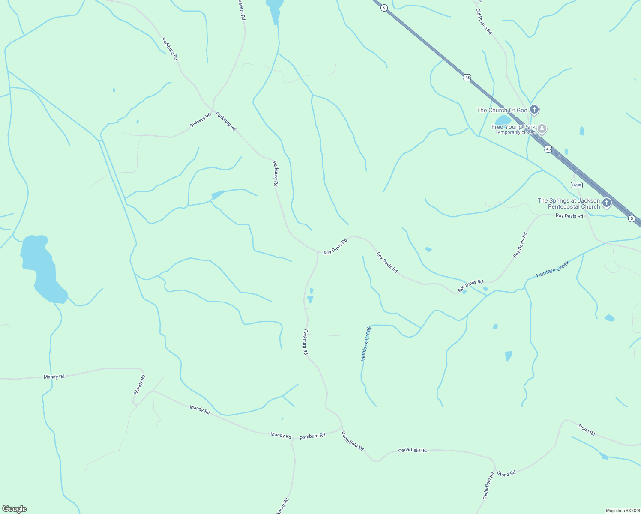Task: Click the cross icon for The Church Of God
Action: [534, 110]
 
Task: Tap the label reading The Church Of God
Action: [502, 110]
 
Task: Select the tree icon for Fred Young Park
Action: [542, 128]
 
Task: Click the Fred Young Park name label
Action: [513, 127]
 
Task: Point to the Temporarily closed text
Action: [515, 133]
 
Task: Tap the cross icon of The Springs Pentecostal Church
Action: [606, 203]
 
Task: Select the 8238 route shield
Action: [577, 185]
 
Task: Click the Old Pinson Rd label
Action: [484, 21]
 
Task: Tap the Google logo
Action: [15, 509]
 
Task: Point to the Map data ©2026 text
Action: [623, 511]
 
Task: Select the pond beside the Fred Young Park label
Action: [503, 120]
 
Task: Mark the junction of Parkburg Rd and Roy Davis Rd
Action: [318, 252]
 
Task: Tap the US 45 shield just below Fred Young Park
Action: [548, 149]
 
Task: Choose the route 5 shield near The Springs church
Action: [632, 218]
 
